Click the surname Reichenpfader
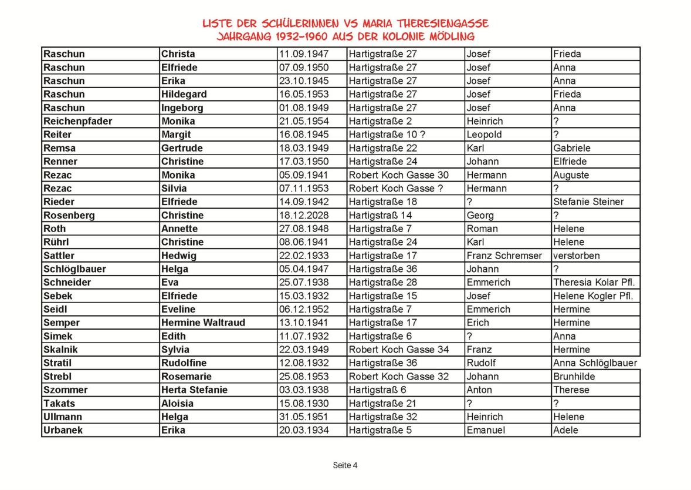pyautogui.click(x=78, y=121)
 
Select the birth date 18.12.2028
pyautogui.click(x=304, y=215)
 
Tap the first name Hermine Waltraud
pyautogui.click(x=203, y=323)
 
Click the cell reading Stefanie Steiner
pyautogui.click(x=588, y=202)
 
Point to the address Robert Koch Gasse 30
pyautogui.click(x=399, y=175)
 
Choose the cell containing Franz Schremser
pyautogui.click(x=505, y=256)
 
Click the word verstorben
pyautogui.click(x=577, y=256)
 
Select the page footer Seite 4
pyautogui.click(x=345, y=465)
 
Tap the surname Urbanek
pyautogui.click(x=63, y=430)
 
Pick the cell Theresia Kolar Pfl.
pyautogui.click(x=594, y=283)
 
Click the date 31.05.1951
pyautogui.click(x=304, y=417)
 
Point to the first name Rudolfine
pyautogui.click(x=184, y=363)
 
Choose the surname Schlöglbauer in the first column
pyautogui.click(x=74, y=269)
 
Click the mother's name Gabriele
pyautogui.click(x=572, y=148)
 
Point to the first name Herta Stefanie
pyautogui.click(x=194, y=390)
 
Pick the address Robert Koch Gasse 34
pyautogui.click(x=399, y=350)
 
